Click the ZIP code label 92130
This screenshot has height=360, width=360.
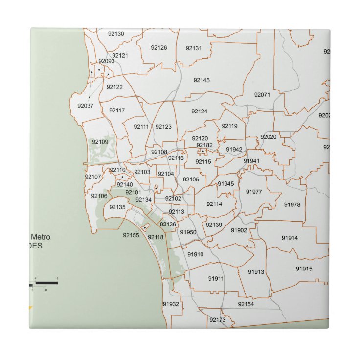coord(116,34)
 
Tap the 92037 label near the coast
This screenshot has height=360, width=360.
coord(85,106)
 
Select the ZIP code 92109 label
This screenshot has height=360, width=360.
coord(100,142)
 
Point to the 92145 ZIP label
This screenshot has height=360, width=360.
coord(202,80)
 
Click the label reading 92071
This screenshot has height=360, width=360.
coord(262,94)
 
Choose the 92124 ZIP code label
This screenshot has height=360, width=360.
coord(199,112)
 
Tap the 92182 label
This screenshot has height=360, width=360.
coord(204,145)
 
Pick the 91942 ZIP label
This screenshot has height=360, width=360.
coord(234,150)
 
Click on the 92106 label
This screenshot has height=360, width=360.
coord(99,196)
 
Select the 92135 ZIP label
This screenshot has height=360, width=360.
coord(117,207)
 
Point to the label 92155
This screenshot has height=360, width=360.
coord(131,235)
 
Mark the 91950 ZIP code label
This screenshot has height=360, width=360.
coord(188,232)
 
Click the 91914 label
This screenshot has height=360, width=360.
coord(290,238)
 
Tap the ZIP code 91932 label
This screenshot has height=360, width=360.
coord(171,304)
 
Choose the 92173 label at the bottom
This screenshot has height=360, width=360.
coord(217,320)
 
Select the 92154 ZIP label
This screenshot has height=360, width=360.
coord(246,304)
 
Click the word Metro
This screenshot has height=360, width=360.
coord(41,237)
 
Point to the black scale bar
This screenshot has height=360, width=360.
coord(46,283)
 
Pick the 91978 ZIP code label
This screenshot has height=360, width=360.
coord(292,204)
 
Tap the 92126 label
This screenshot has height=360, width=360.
coord(159,47)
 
